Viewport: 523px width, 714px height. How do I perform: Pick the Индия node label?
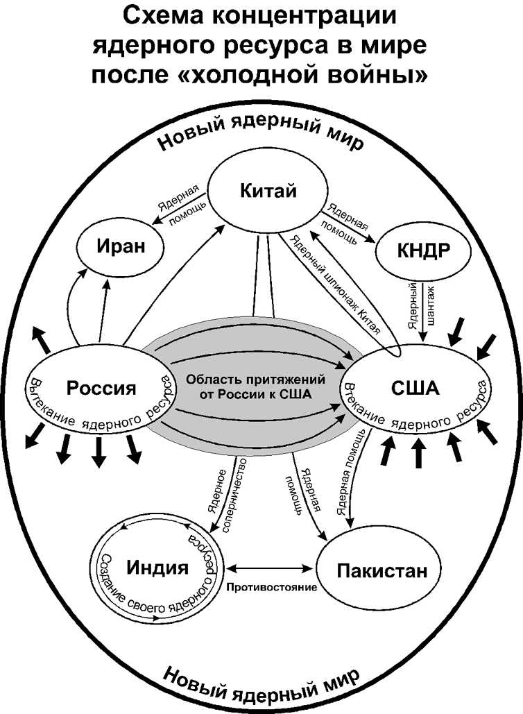click(158, 567)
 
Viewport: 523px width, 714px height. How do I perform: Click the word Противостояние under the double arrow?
click(271, 587)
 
